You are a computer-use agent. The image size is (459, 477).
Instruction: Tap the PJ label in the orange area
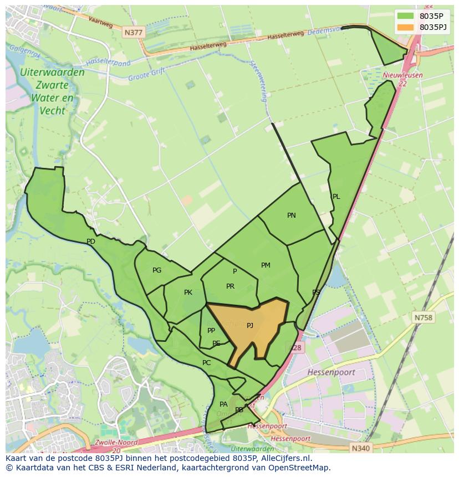pyautogui.click(x=250, y=326)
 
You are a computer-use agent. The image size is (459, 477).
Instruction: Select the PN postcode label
pyautogui.click(x=292, y=216)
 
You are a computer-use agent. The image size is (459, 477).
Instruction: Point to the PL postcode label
pyautogui.click(x=336, y=197)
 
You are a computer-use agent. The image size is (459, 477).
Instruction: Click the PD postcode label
pyautogui.click(x=91, y=242)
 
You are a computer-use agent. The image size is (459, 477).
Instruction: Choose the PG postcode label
pyautogui.click(x=157, y=270)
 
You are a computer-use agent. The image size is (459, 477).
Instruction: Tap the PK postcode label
pyautogui.click(x=188, y=293)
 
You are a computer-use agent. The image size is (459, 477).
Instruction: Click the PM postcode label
pyautogui.click(x=266, y=265)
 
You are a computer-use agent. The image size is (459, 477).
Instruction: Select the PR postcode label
pyautogui.click(x=230, y=286)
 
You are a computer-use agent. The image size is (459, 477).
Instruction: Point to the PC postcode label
pyautogui.click(x=206, y=363)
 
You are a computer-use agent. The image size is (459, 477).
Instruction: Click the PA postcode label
pyautogui.click(x=223, y=404)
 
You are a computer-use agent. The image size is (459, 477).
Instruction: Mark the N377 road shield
pyautogui.click(x=133, y=33)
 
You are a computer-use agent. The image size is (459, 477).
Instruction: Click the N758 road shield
pyautogui.click(x=424, y=317)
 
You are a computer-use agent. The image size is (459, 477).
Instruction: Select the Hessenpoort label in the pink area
pyautogui.click(x=331, y=372)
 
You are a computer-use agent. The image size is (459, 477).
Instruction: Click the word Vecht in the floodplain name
pyautogui.click(x=52, y=111)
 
